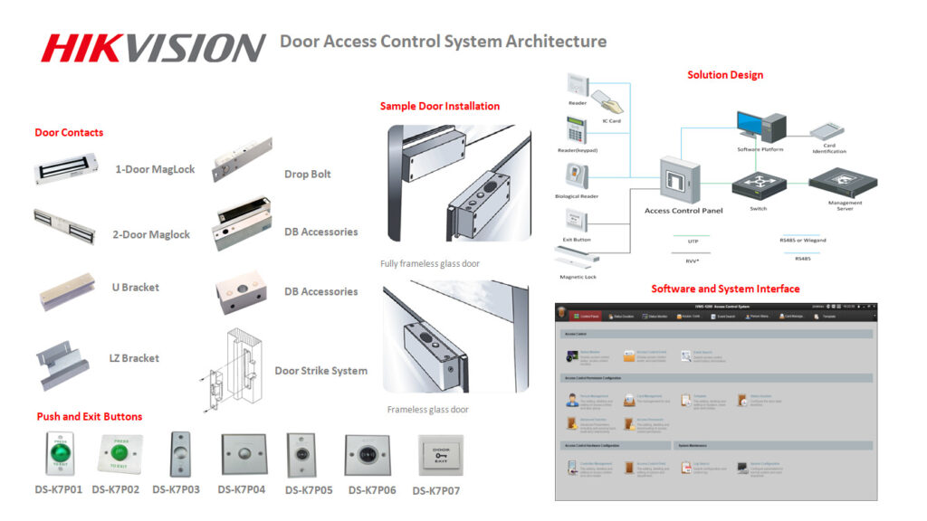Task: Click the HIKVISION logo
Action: point(153,46)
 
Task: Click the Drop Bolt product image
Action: point(242,159)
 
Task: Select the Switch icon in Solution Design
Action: point(759,185)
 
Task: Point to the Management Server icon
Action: point(844,181)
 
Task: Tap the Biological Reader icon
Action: point(576,175)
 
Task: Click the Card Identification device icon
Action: point(829,131)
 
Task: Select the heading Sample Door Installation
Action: point(439,106)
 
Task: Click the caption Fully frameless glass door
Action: point(430,263)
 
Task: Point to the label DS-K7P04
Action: point(242,489)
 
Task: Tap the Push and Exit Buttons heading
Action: point(89,416)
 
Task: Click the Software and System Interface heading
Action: point(725,289)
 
